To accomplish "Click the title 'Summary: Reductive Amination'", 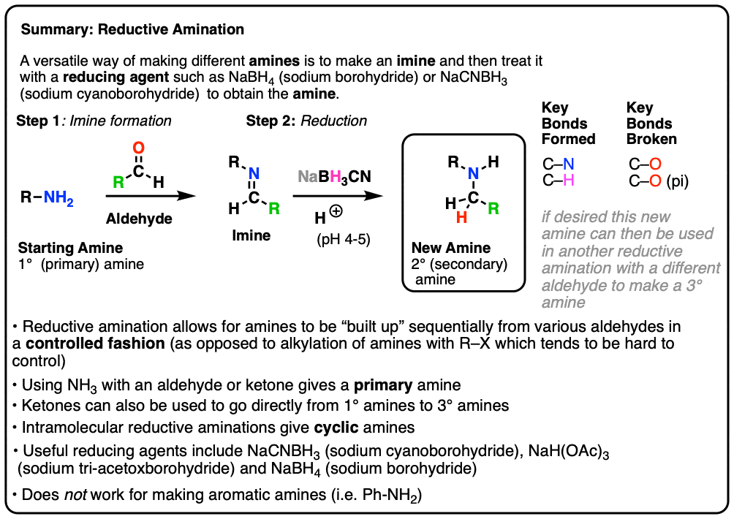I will pos(132,31).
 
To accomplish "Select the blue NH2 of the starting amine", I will pos(58,196).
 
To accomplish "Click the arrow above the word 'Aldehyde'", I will pos(151,196).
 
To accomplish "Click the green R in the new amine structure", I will pos(494,208).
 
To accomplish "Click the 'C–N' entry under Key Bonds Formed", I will pos(559,165).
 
